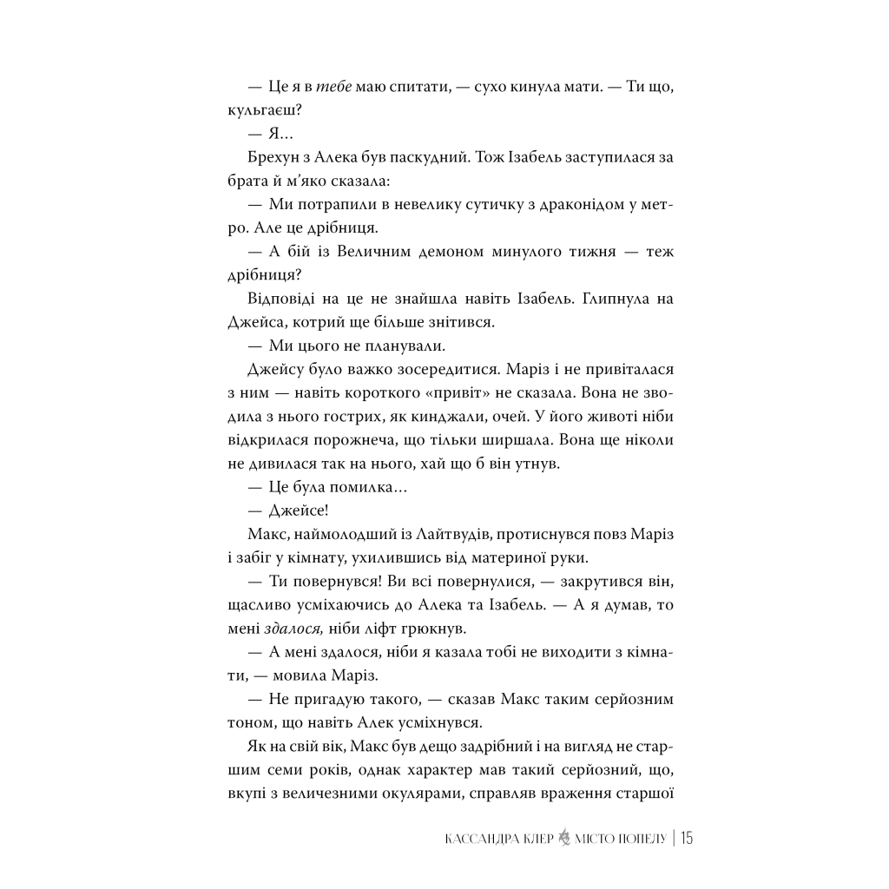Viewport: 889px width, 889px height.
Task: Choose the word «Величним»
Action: (342, 252)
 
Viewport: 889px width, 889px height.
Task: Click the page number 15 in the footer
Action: (687, 838)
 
